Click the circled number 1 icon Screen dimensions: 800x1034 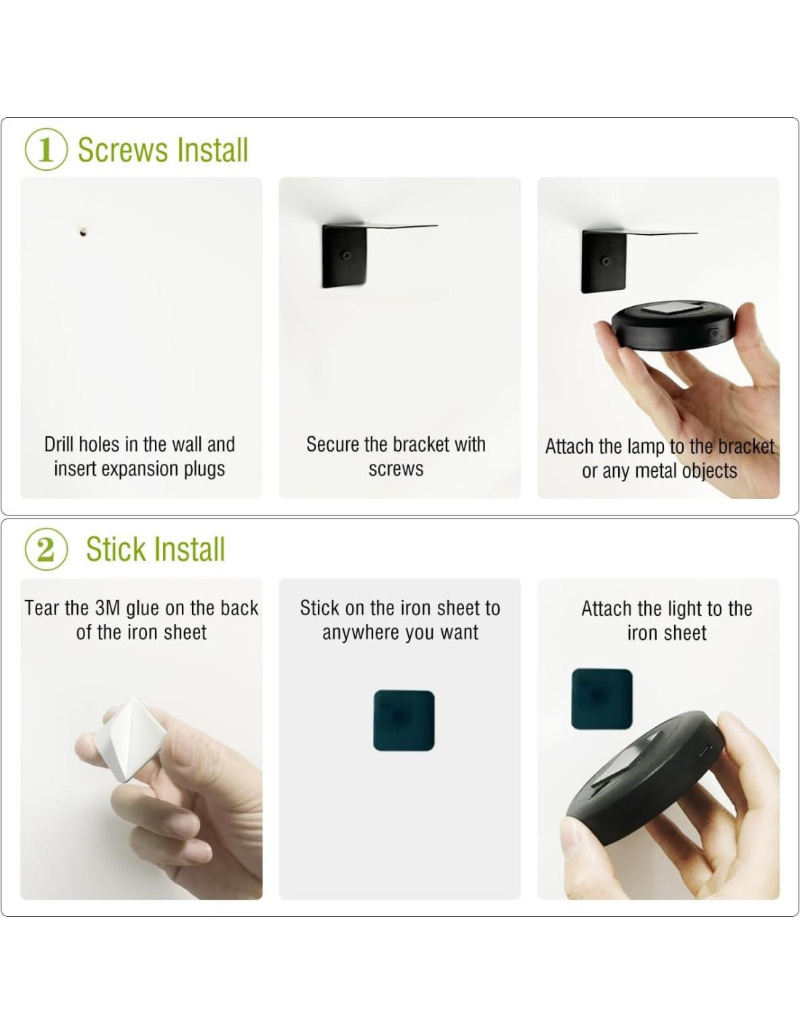pos(46,151)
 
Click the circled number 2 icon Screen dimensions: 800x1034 pos(46,550)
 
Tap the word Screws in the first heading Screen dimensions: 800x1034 pos(123,151)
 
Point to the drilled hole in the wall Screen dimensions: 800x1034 pos(83,233)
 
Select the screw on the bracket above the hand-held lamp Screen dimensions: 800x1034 pos(607,261)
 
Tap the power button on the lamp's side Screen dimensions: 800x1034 pos(713,332)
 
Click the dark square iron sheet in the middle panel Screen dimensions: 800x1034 pos(404,721)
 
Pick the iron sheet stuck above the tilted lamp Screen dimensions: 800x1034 pos(602,699)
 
